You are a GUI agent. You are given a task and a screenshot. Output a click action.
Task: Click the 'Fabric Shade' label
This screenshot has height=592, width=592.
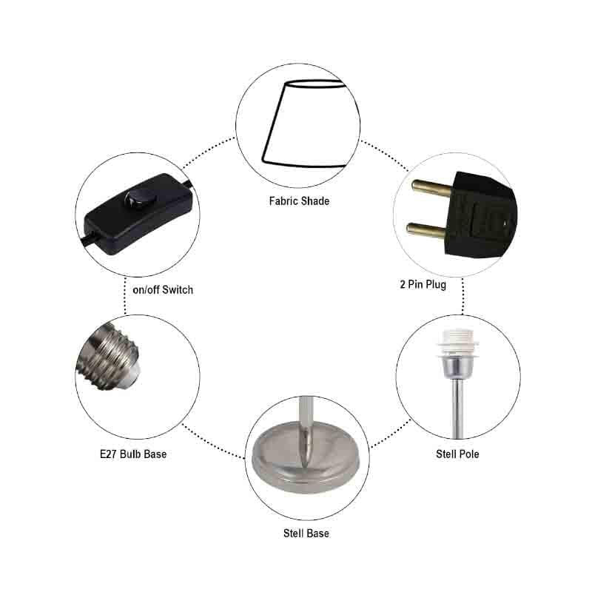pyautogui.click(x=299, y=201)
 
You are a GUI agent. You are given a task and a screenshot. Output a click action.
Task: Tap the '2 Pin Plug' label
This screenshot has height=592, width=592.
pyautogui.click(x=423, y=284)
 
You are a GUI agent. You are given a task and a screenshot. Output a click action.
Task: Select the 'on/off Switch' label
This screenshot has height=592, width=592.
pyautogui.click(x=163, y=290)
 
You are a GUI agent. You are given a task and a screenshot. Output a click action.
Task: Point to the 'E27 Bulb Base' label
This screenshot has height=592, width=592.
pyautogui.click(x=133, y=454)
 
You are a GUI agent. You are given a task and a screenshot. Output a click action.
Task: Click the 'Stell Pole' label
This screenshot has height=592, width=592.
pyautogui.click(x=457, y=454)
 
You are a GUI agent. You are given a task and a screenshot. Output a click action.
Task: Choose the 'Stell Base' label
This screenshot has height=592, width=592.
pyautogui.click(x=306, y=534)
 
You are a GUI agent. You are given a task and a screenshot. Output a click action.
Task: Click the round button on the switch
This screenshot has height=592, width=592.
pyautogui.click(x=137, y=199)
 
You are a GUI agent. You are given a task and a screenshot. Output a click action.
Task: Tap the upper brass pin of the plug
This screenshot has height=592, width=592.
pyautogui.click(x=431, y=188)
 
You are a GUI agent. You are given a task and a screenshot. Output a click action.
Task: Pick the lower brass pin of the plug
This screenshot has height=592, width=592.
pyautogui.click(x=426, y=230)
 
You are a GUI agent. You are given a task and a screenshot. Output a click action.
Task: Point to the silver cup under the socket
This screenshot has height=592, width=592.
pyautogui.click(x=457, y=367)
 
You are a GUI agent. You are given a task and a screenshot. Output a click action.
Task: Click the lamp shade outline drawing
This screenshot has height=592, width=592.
pyautogui.click(x=304, y=124)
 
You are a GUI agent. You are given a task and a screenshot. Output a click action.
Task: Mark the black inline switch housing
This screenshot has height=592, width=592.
pyautogui.click(x=138, y=213)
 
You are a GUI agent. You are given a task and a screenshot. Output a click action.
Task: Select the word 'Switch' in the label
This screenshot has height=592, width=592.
pyautogui.click(x=178, y=290)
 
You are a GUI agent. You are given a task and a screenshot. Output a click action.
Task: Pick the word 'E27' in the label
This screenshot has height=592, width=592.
pyautogui.click(x=108, y=454)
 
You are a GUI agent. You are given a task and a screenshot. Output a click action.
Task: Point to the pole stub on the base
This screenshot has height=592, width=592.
pyautogui.click(x=306, y=431)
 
